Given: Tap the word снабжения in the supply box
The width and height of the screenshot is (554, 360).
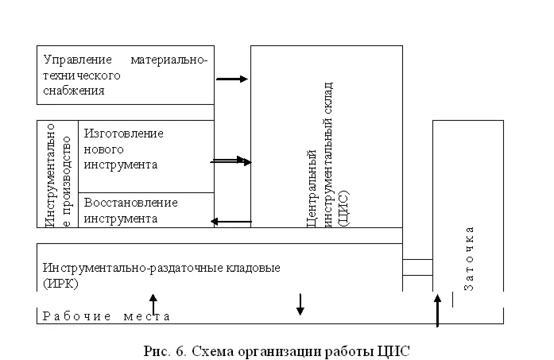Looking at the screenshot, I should [74, 91].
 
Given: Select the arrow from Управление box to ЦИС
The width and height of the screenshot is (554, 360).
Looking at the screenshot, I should [232, 79].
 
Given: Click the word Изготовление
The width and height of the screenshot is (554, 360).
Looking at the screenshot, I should [123, 133].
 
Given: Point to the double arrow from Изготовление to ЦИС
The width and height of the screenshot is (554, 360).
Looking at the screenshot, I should [231, 161].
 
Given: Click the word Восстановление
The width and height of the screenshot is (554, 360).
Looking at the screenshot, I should [130, 202].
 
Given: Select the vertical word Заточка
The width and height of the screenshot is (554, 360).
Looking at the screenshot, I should [469, 258].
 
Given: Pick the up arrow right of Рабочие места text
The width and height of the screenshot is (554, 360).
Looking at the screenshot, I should [154, 303].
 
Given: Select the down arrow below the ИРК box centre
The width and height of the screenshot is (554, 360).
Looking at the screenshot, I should [300, 304].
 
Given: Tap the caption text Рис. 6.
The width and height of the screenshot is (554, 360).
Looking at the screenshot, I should [162, 350].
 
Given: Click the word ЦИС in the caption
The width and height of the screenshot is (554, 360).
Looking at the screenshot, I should [394, 350].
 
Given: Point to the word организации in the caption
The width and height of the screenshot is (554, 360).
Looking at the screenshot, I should [273, 350].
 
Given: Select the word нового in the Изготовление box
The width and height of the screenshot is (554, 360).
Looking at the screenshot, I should [99, 149].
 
